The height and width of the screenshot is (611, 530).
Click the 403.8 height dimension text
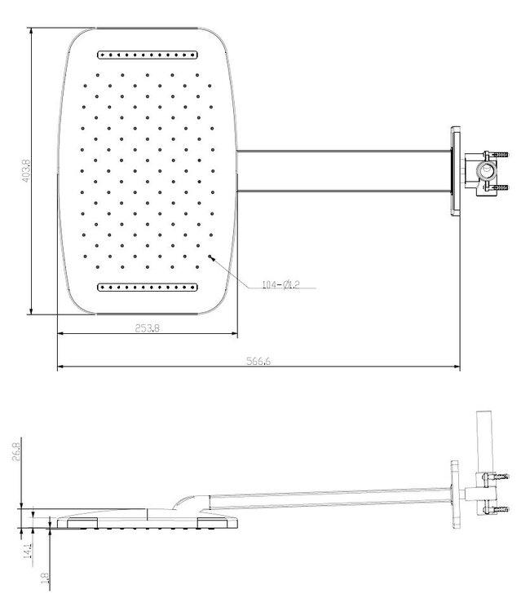click(x=25, y=170)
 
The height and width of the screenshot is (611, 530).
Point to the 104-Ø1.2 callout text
click(x=281, y=284)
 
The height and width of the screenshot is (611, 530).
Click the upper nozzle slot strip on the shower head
click(x=147, y=55)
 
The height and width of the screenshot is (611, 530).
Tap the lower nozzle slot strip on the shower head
click(x=147, y=286)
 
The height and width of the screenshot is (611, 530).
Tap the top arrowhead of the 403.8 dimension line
click(x=31, y=33)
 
